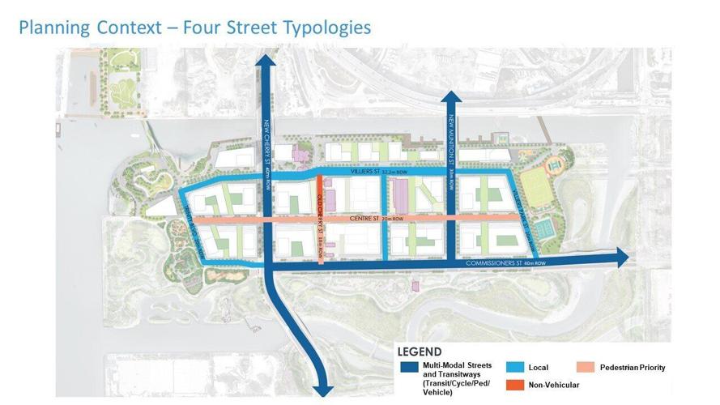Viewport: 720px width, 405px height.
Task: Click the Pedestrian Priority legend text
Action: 633,368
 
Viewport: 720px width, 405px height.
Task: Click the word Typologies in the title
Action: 318,27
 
